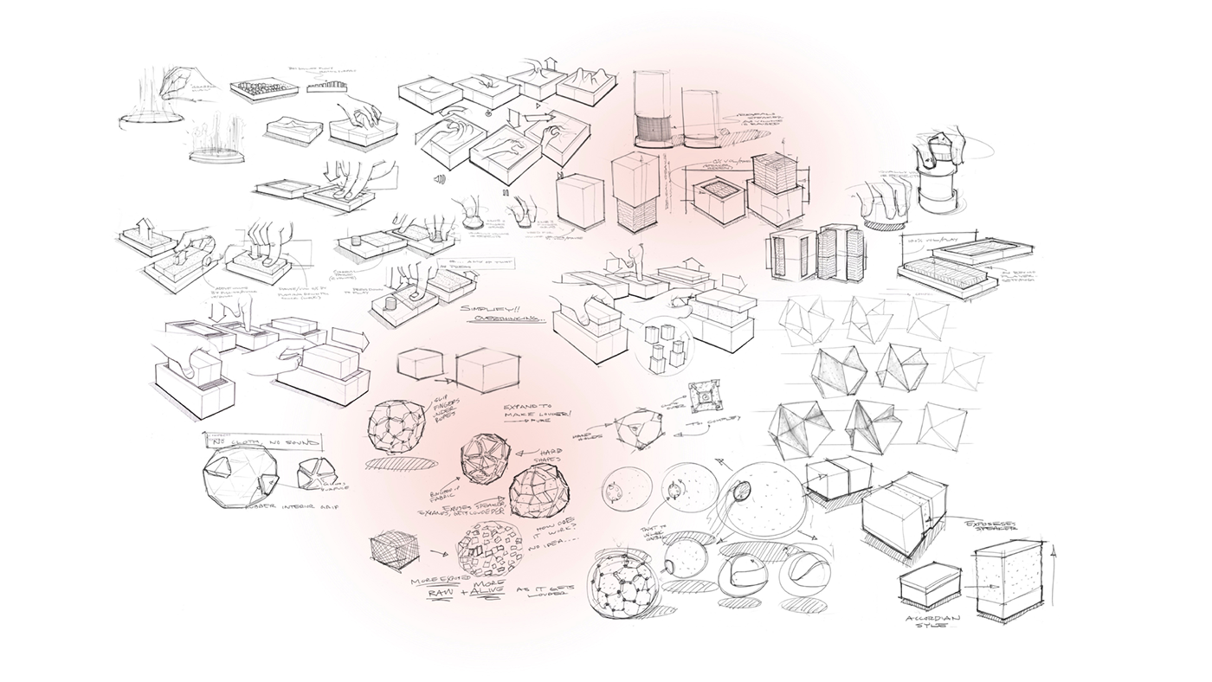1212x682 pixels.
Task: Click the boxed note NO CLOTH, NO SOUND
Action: (262, 441)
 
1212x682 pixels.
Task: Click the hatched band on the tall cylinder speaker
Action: (654, 131)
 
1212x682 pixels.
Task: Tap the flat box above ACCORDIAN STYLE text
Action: (932, 585)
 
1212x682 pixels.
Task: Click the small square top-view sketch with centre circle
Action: (705, 394)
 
